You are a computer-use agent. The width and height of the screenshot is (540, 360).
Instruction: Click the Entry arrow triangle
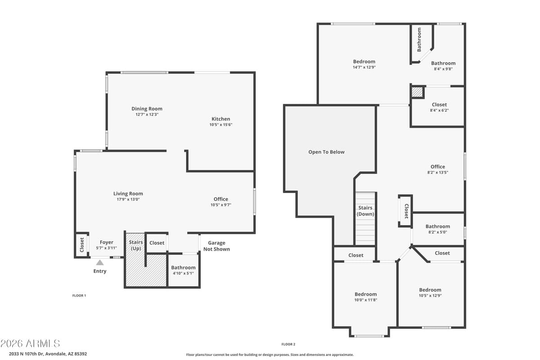pyautogui.click(x=100, y=262)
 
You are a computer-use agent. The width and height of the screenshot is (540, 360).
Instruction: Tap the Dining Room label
pyautogui.click(x=147, y=108)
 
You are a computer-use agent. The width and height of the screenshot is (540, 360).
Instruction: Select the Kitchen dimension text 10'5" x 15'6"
pyautogui.click(x=220, y=125)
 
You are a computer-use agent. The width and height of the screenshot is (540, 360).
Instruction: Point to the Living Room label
pyautogui.click(x=128, y=193)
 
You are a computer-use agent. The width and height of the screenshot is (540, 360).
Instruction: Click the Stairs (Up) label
pyautogui.click(x=136, y=245)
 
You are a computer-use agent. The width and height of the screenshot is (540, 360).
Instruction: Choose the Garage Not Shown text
pyautogui.click(x=216, y=246)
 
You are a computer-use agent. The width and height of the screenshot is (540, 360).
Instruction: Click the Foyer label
pyautogui.click(x=106, y=242)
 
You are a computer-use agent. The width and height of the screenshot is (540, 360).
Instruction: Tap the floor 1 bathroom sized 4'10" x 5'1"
pyautogui.click(x=183, y=270)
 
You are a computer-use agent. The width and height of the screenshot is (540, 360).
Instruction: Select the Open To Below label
pyautogui.click(x=326, y=152)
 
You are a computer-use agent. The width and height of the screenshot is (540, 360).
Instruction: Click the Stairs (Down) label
pyautogui.click(x=365, y=211)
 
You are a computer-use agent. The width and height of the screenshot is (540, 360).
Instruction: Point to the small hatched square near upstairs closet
pyautogui.click(x=417, y=92)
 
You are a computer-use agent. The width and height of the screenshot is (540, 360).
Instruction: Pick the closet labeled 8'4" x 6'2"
pyautogui.click(x=439, y=107)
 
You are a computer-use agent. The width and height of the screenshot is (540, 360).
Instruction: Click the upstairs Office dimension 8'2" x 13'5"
pyautogui.click(x=437, y=172)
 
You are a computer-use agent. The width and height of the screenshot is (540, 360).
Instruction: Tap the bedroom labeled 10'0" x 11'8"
pyautogui.click(x=365, y=297)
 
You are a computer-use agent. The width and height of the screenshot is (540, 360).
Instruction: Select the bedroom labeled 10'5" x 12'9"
pyautogui.click(x=430, y=292)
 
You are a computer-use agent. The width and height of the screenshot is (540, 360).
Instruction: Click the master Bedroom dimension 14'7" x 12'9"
pyautogui.click(x=364, y=67)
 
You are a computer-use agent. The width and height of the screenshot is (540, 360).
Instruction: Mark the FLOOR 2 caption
pyautogui.click(x=288, y=344)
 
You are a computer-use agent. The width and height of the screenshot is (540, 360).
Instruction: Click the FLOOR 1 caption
pyautogui.click(x=79, y=296)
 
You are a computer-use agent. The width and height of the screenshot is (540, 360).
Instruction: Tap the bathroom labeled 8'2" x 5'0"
pyautogui.click(x=437, y=229)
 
